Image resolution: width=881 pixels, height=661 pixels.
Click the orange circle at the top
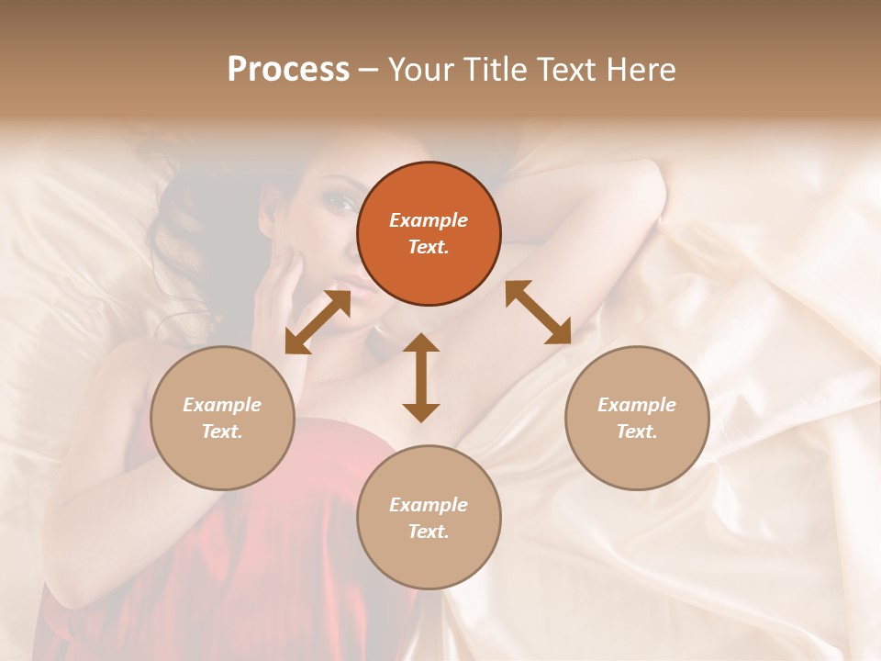coord(429,234)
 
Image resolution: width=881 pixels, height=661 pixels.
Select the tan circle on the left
coord(222,419)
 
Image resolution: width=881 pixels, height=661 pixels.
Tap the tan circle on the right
coord(637,419)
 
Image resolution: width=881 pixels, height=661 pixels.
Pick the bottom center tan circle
coord(429,518)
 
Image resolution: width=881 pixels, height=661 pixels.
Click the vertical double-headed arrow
coord(421,377)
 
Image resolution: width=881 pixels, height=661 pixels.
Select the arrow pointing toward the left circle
coord(318,322)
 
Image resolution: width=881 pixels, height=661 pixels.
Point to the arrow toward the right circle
coord(538,312)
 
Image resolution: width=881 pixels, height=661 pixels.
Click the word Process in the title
coord(288,70)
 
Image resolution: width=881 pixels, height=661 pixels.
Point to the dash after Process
coord(368,71)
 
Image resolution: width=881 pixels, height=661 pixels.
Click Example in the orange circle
coord(429,220)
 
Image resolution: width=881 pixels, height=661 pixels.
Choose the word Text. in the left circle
coord(222,431)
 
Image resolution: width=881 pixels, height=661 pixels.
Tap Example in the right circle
coord(637,405)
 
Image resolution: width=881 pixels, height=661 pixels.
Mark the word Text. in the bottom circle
coord(429,532)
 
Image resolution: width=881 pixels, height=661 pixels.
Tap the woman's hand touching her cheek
coord(280,303)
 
